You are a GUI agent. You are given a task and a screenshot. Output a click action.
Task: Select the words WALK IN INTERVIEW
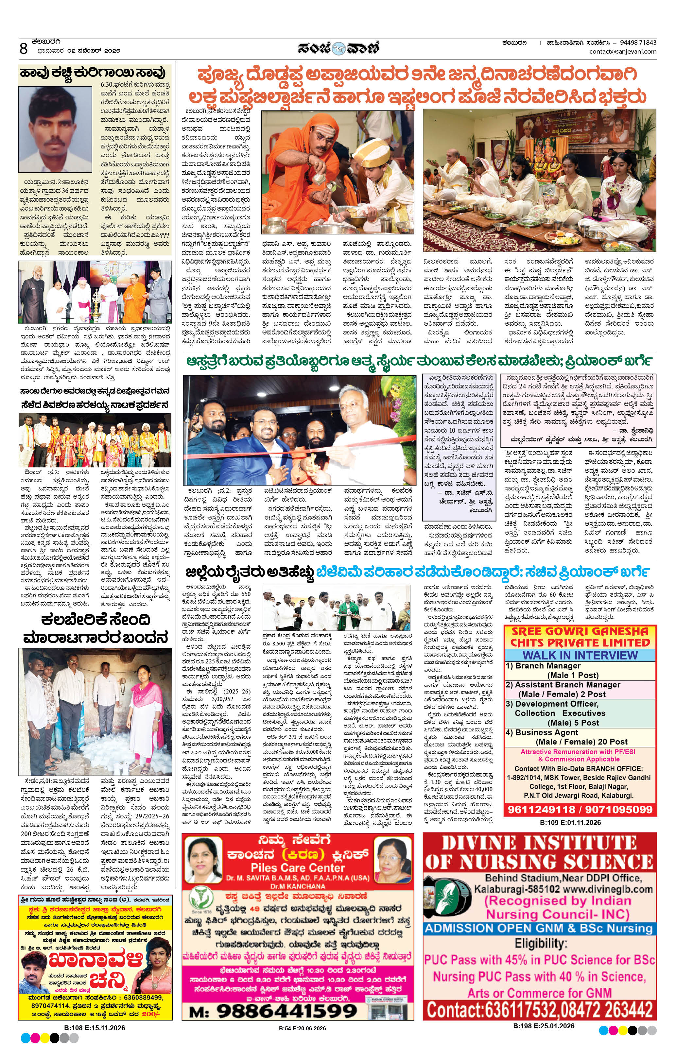[580, 655]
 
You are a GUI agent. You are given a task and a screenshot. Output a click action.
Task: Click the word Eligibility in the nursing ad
[540, 943]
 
